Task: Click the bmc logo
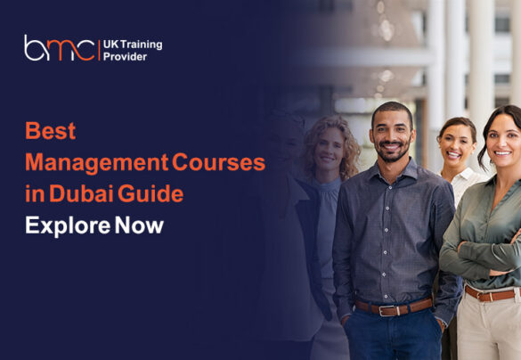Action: tap(59, 48)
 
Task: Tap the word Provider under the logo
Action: tap(134, 55)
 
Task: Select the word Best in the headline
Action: tap(50, 131)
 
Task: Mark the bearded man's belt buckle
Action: tap(388, 310)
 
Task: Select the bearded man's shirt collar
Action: tap(392, 170)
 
